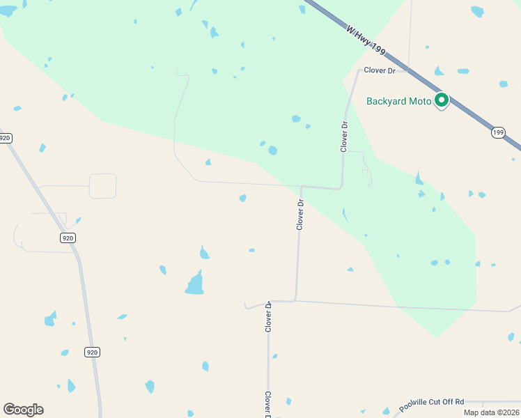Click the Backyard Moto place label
(x=399, y=102)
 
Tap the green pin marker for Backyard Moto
(x=442, y=100)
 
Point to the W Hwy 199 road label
(x=364, y=41)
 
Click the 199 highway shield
(x=498, y=132)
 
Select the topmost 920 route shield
(x=6, y=138)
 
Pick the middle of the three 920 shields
(x=67, y=238)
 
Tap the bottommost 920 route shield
(x=92, y=353)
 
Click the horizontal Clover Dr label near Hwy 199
(x=380, y=70)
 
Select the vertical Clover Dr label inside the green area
(x=344, y=137)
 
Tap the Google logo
(x=23, y=410)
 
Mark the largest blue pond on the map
(x=195, y=284)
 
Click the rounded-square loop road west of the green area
(x=102, y=186)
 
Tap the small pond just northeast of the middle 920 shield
(x=78, y=221)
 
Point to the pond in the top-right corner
(x=477, y=11)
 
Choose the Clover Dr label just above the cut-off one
(x=268, y=316)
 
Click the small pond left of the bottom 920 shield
(x=65, y=353)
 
